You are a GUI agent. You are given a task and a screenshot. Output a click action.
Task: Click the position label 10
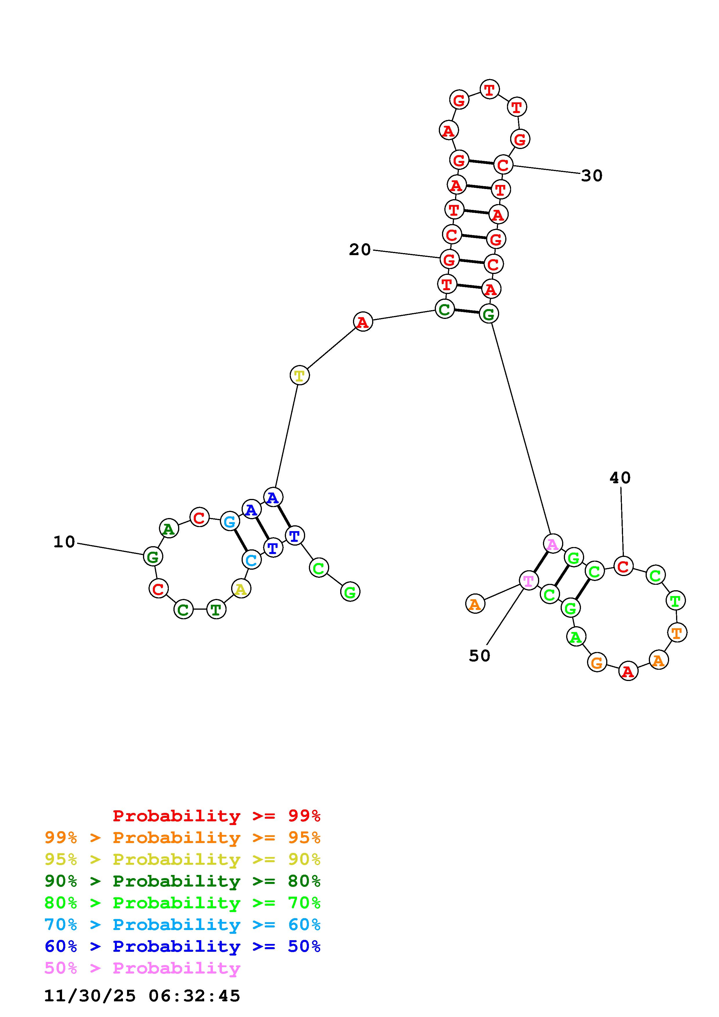(64, 542)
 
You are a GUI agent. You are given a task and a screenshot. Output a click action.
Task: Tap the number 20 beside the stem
(360, 250)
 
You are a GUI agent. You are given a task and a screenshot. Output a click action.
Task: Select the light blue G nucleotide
(229, 521)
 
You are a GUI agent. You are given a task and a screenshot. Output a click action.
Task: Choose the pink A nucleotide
(553, 544)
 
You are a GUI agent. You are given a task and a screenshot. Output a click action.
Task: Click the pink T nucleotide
(528, 580)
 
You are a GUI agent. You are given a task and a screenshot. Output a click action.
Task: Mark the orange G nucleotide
(597, 663)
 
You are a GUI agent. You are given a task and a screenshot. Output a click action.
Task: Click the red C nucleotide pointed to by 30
(503, 165)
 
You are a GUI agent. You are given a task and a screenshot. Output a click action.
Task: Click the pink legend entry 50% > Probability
(142, 968)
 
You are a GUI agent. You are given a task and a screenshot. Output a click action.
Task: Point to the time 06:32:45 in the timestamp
(194, 996)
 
